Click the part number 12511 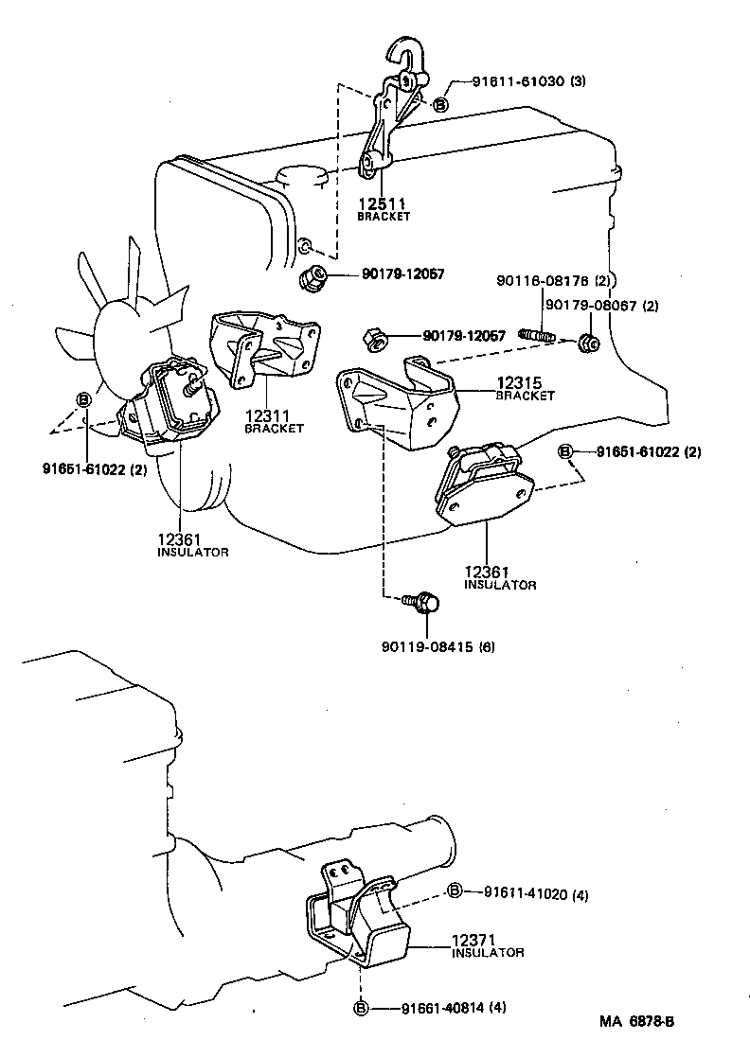[x=383, y=203]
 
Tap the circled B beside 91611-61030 [x=440, y=105]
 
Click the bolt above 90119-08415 [x=420, y=600]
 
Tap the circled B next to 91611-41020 [x=455, y=890]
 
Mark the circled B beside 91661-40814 [x=360, y=1009]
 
